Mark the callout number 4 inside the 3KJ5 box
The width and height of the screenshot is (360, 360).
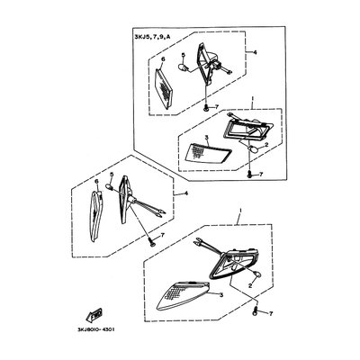(255, 53)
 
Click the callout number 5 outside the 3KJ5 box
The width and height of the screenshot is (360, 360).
(112, 175)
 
